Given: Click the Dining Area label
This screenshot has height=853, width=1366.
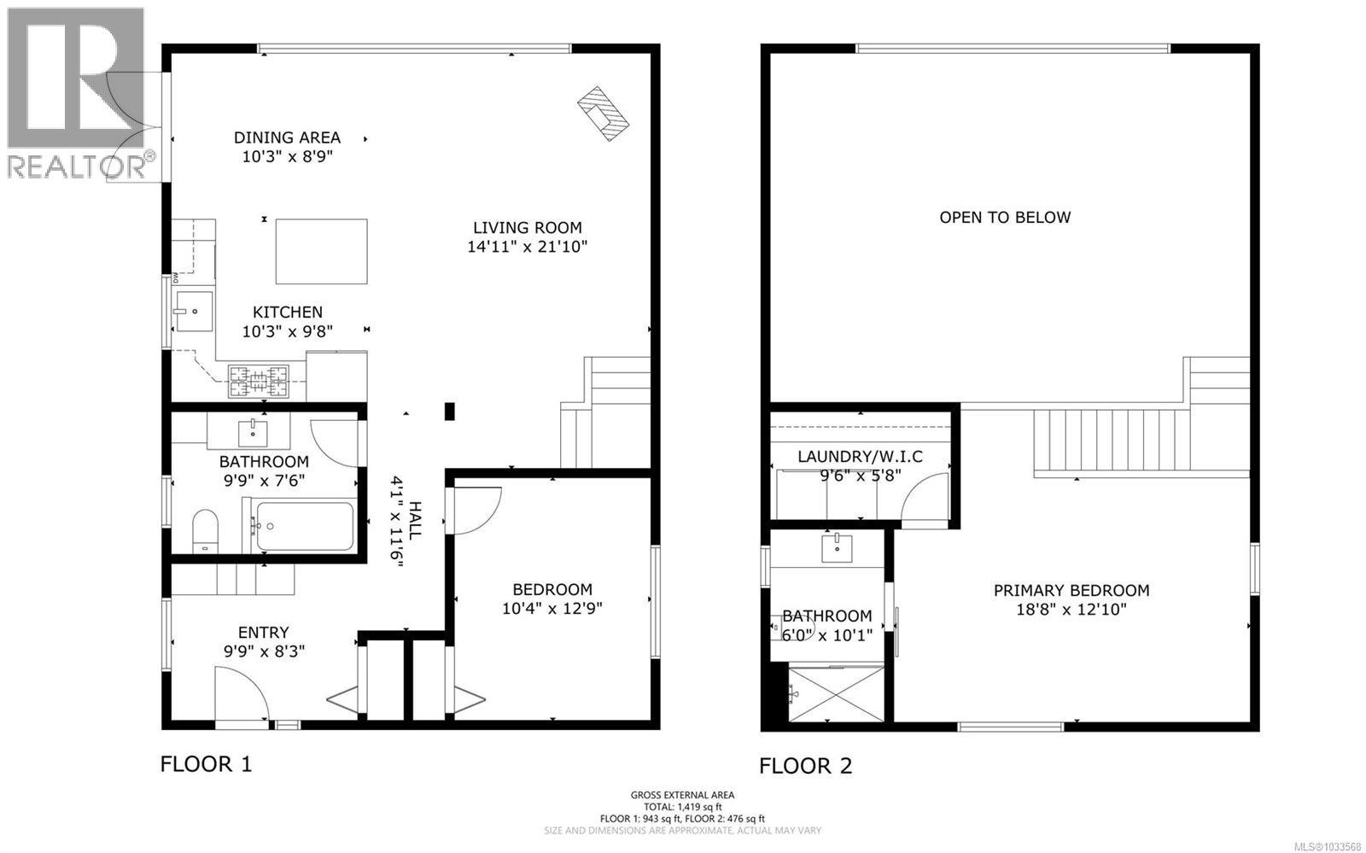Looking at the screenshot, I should tap(287, 137).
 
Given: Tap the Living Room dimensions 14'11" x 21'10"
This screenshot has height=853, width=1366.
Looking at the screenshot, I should tap(527, 247).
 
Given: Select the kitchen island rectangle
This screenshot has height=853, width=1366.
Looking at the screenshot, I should tap(321, 251).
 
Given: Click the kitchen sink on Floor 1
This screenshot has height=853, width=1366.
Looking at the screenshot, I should tap(194, 312).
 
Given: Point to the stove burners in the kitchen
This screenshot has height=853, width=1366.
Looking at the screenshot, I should tap(258, 381).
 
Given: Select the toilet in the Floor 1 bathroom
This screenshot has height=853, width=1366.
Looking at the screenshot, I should tap(205, 532).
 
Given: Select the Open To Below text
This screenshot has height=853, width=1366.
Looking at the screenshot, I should tap(1004, 217).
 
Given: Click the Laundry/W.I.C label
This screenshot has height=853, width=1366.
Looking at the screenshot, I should tap(860, 457).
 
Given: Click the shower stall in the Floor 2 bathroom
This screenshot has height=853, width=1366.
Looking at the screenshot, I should tap(836, 694).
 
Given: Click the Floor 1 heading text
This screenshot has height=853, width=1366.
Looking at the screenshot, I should tap(206, 763).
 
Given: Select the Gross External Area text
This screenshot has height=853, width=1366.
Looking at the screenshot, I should tap(681, 794).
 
